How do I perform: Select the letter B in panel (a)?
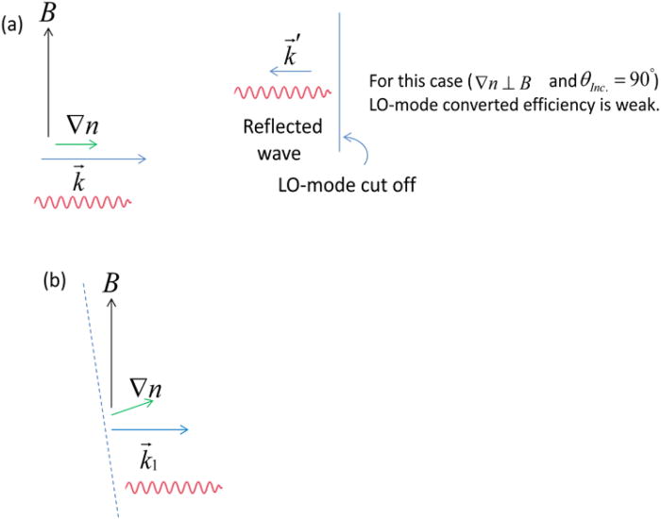pos(50,13)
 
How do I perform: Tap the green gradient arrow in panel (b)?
pos(131,408)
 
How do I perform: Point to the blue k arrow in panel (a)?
pos(93,159)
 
